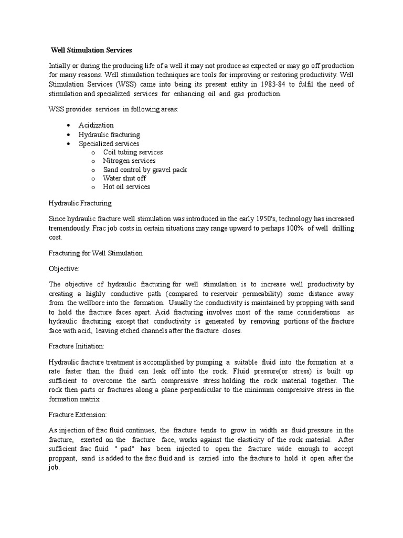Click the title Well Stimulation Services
[91, 50]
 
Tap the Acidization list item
[96, 125]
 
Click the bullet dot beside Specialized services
[69, 143]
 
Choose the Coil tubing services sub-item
[133, 152]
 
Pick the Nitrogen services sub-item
[129, 161]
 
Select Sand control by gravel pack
[145, 170]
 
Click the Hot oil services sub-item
[126, 187]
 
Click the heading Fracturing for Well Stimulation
[96, 253]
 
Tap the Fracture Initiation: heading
[76, 347]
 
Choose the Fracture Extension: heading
[77, 415]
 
